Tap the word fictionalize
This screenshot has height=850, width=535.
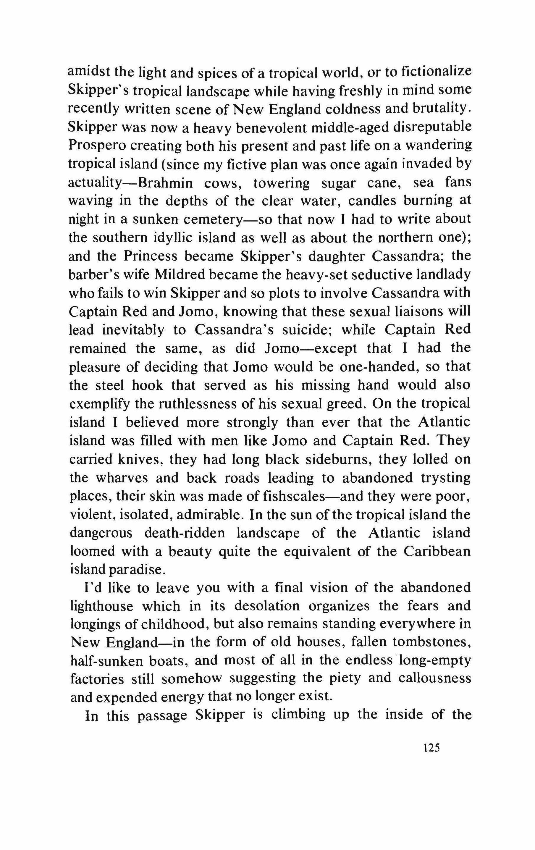[x=436, y=72]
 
